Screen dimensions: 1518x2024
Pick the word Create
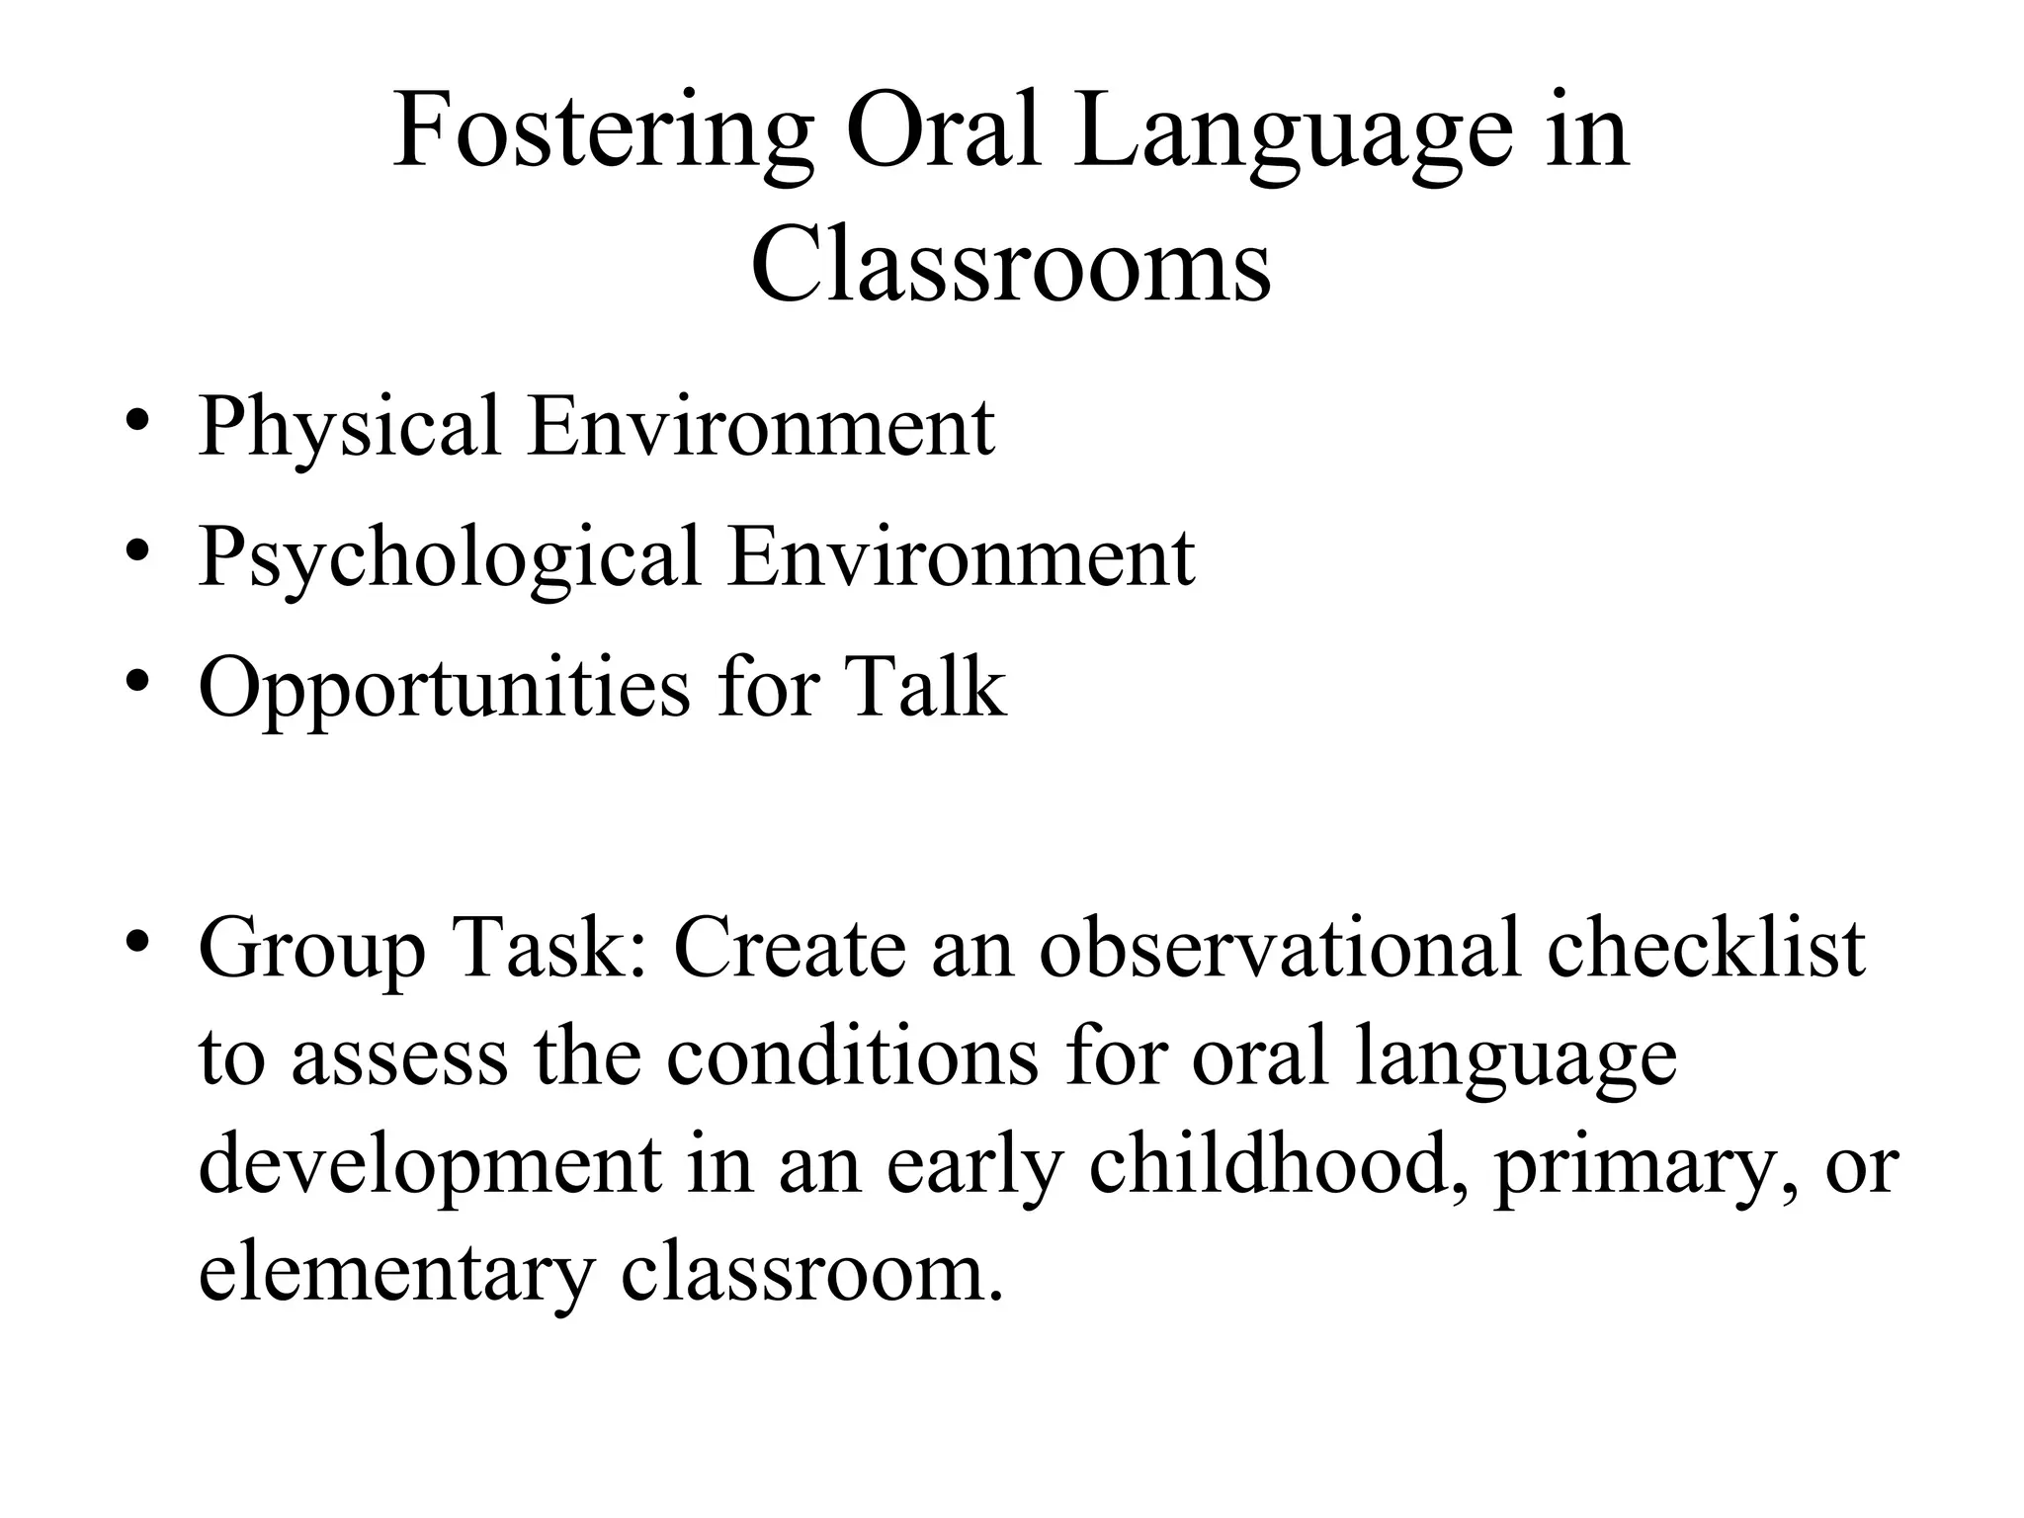pyautogui.click(x=790, y=949)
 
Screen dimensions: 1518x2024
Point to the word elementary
pyautogui.click(x=396, y=1275)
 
